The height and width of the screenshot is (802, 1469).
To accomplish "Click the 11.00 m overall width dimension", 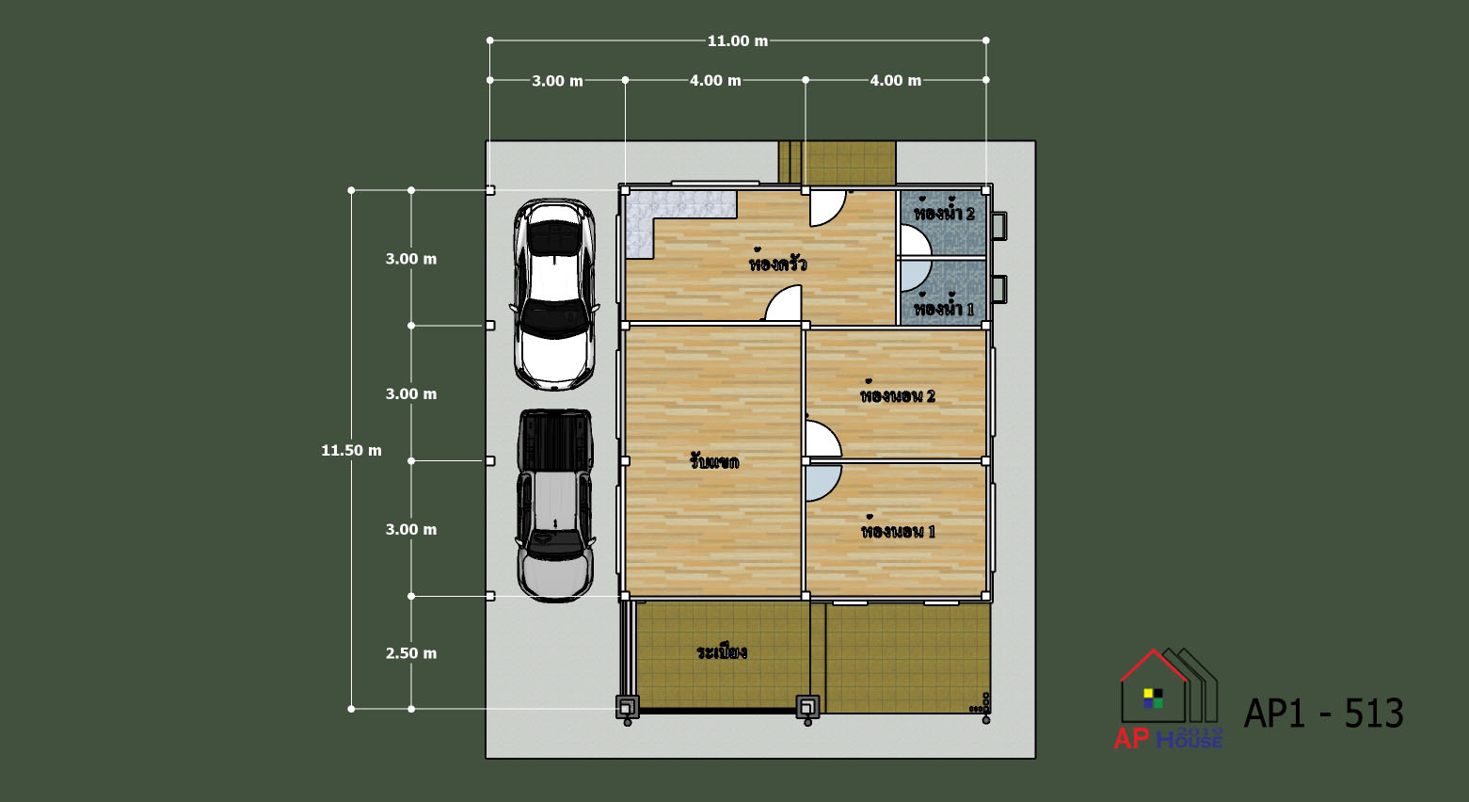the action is click(x=737, y=41).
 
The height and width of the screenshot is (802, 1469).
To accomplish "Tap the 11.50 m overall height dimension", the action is click(x=351, y=451).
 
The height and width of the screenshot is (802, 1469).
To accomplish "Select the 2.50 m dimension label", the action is click(x=410, y=653).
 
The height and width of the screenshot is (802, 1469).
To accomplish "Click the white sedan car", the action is click(x=555, y=295).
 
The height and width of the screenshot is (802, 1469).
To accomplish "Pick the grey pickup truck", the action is click(x=555, y=505).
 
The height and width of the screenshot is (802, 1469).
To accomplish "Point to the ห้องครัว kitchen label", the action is click(x=777, y=263).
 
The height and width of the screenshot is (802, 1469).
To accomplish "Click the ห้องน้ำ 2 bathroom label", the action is click(x=944, y=211).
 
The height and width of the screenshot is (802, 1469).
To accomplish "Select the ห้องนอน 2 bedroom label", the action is click(x=897, y=393).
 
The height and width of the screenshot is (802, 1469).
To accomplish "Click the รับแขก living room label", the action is click(x=714, y=461).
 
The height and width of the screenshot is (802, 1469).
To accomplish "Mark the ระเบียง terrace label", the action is click(x=722, y=651).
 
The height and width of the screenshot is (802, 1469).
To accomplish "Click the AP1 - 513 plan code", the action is click(x=1323, y=713).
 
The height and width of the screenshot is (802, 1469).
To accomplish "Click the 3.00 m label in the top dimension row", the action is click(x=557, y=81).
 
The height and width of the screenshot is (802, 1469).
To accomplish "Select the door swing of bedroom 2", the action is click(x=824, y=439).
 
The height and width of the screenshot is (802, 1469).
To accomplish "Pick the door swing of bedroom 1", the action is click(x=823, y=483).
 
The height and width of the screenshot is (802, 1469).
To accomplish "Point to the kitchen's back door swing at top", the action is click(x=827, y=208).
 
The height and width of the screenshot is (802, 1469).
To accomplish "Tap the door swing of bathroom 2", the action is click(x=916, y=241).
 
